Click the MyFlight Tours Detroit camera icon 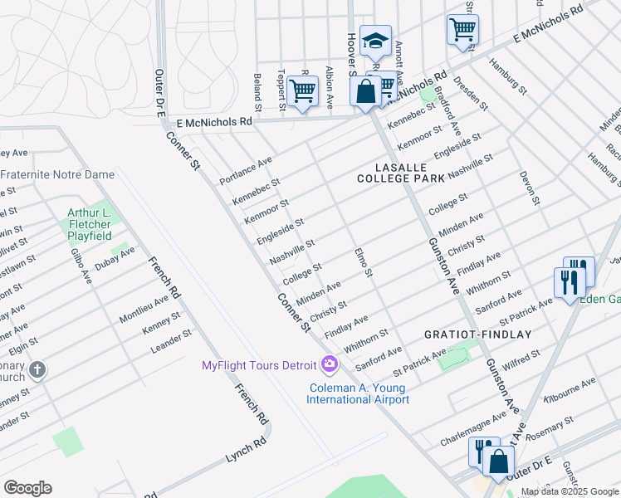click(330, 364)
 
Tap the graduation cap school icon click(375, 40)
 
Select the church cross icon click(37, 369)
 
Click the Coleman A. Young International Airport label click(358, 393)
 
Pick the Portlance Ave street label click(246, 170)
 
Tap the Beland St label click(257, 92)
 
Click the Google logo click(27, 488)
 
